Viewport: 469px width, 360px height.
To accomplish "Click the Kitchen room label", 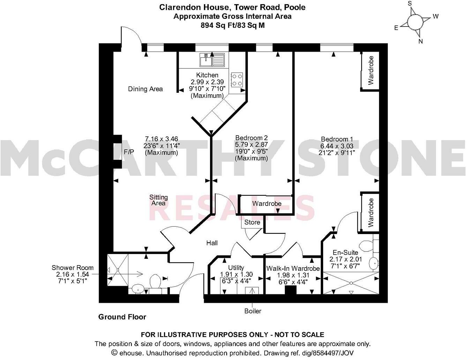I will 207,75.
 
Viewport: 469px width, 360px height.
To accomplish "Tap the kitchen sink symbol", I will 212,60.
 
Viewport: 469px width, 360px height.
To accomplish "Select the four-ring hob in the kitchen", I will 237,79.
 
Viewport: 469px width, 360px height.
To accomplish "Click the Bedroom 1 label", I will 335,139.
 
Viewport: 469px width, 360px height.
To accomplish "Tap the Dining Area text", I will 145,89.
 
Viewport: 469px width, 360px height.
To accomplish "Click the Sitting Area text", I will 158,200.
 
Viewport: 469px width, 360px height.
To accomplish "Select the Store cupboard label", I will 252,222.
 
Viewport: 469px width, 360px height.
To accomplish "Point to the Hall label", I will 212,243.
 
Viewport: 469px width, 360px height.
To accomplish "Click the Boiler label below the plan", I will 253,311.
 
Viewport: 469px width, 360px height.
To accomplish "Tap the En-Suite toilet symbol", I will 367,246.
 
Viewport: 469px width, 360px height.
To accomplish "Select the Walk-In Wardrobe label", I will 293,268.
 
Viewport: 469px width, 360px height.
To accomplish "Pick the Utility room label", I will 236,268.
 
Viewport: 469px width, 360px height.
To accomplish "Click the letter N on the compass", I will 420,41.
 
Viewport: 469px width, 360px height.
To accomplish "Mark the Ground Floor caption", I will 122,317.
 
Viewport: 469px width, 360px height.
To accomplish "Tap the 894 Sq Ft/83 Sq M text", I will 232,25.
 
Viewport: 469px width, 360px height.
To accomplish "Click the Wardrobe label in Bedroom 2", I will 267,203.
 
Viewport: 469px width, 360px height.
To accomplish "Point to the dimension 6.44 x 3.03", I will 335,146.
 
